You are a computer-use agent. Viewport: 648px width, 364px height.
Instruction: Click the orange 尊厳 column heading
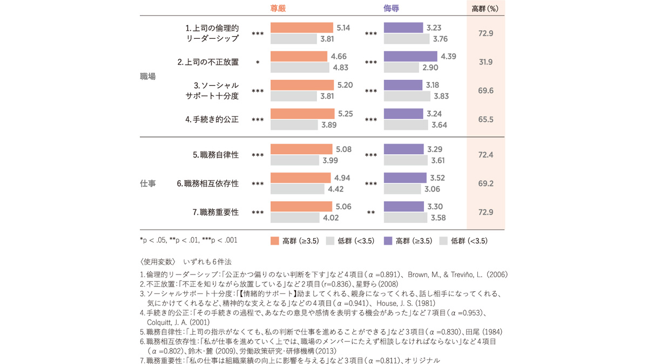point(278,9)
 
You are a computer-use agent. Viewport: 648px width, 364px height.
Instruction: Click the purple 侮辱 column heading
point(391,9)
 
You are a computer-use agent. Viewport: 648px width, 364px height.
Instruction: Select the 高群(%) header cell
point(485,9)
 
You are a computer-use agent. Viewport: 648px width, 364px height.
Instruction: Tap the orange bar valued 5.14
point(301,28)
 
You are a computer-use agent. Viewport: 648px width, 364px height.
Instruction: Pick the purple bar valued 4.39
point(410,57)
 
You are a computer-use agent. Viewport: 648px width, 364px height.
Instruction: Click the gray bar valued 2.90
point(401,67)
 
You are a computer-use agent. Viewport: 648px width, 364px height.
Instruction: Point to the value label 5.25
point(346,114)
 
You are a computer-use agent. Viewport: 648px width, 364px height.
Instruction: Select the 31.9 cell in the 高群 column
point(485,62)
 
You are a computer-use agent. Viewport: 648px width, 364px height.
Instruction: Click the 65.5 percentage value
point(485,120)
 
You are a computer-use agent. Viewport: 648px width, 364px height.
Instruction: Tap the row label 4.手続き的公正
point(212,120)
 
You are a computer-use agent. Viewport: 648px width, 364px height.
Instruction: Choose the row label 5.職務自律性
point(215,155)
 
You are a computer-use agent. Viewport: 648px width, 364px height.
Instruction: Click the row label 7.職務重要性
point(215,212)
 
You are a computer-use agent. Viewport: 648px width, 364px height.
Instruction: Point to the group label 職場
point(147,77)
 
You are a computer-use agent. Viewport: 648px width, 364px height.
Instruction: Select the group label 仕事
point(147,184)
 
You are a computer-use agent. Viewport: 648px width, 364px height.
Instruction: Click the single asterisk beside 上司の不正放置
point(258,63)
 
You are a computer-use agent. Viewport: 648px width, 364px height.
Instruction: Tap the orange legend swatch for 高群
point(274,241)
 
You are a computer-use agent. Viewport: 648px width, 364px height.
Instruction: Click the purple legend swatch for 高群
point(388,241)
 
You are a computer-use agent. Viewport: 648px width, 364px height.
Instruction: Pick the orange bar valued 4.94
point(300,178)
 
